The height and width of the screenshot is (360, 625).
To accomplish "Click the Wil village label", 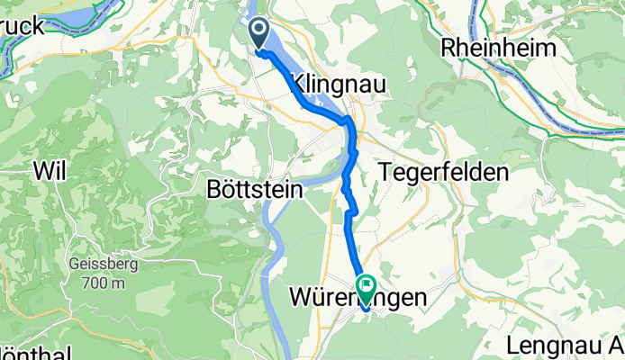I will click(x=50, y=169).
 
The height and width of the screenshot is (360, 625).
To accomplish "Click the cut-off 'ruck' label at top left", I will click(x=23, y=26).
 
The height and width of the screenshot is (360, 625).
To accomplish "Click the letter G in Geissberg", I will click(x=74, y=266).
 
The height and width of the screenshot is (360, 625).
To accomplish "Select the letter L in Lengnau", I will click(x=512, y=345).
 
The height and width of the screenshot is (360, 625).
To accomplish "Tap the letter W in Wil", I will click(x=41, y=169).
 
